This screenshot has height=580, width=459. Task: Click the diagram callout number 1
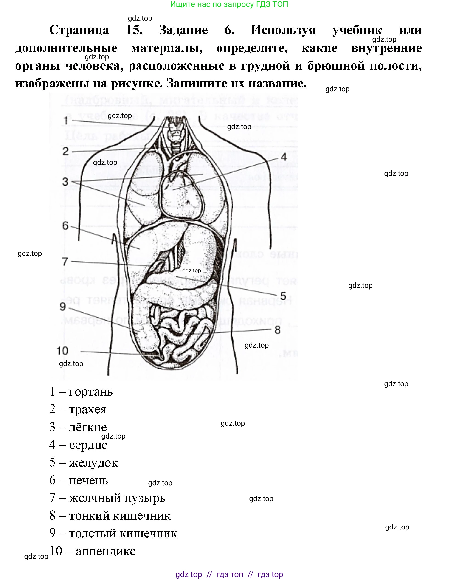[66, 121]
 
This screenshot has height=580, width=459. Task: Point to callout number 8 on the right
[278, 330]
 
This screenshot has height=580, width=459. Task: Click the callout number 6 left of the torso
[65, 225]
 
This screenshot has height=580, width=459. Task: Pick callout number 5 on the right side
[283, 296]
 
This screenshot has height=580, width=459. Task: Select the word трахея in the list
[88, 409]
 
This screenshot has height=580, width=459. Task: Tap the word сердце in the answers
[88, 445]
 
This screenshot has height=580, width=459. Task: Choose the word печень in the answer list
[88, 480]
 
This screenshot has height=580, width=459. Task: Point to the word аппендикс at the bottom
[105, 551]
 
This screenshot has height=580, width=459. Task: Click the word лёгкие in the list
[88, 427]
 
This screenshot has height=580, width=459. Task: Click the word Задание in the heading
[183, 30]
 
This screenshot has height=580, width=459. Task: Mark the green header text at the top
[229, 4]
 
